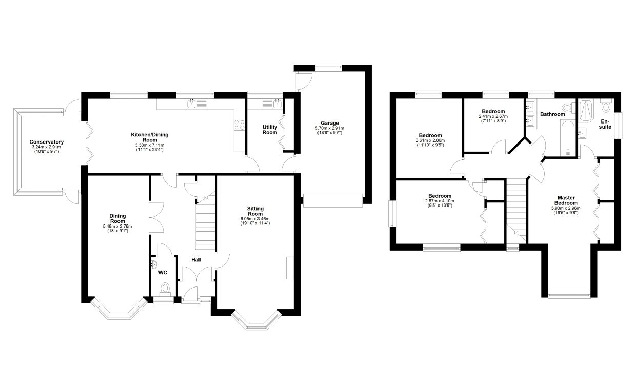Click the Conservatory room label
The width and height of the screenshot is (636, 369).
point(47,142)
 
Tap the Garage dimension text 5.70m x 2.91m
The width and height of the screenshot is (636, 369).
point(330,128)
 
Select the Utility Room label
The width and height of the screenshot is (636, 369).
point(270,130)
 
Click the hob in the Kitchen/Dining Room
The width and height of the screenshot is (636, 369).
point(240,125)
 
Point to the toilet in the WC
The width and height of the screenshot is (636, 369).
point(165,288)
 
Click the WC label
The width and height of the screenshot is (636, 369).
point(163,273)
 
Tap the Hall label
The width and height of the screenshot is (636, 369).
point(196,260)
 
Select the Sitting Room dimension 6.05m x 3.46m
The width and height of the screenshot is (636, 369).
point(255,219)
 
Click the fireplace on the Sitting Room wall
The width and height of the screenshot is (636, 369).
point(290,268)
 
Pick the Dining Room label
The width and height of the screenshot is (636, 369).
point(117,219)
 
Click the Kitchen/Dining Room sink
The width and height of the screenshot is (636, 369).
point(197,104)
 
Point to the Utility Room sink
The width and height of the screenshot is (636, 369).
point(271,104)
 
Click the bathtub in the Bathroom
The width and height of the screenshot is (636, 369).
point(568,138)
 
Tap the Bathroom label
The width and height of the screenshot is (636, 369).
point(552,114)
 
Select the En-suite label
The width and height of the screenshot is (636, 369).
point(605,124)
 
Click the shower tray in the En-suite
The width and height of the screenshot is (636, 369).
point(585,111)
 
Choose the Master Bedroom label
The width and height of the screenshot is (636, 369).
point(566,200)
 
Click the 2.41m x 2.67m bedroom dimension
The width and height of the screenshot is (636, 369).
point(493,116)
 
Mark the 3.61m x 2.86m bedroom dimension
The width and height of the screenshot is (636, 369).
point(430,140)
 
